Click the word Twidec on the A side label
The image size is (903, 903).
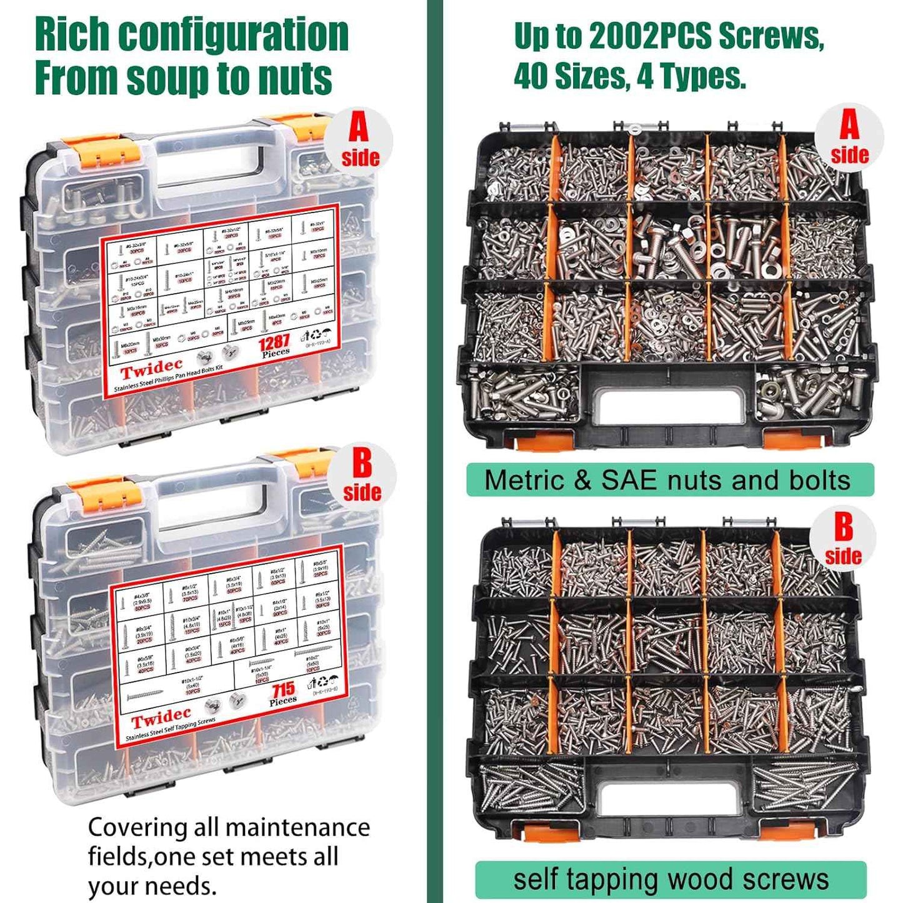(x=151, y=369)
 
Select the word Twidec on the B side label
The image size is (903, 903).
(x=161, y=718)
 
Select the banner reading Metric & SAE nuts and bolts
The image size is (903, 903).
(x=669, y=480)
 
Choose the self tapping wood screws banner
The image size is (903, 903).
(x=671, y=879)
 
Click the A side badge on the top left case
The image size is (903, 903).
(x=359, y=141)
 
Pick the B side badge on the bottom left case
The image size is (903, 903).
(x=362, y=476)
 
